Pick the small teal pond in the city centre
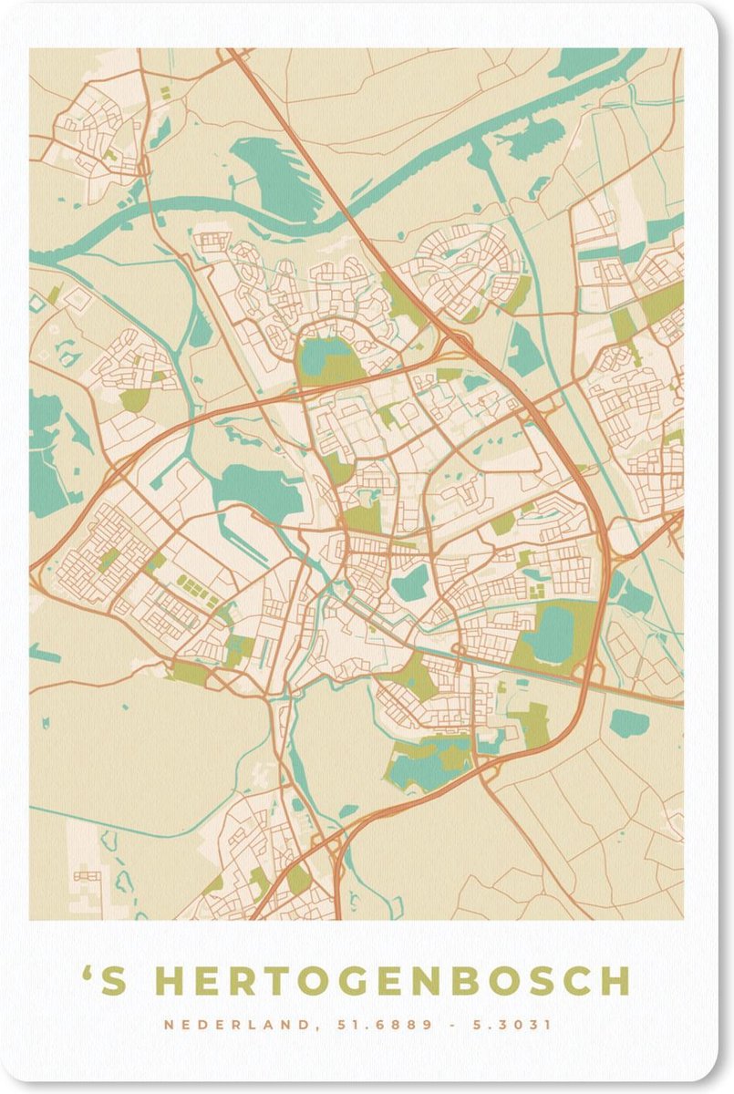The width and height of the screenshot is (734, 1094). (x=412, y=583)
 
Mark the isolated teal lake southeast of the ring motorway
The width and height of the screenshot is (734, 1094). (x=629, y=724)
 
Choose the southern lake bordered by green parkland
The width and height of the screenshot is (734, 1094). (x=429, y=764)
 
